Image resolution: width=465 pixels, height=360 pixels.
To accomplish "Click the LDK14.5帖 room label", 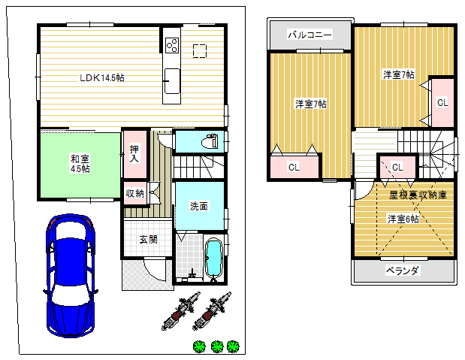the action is [102, 78].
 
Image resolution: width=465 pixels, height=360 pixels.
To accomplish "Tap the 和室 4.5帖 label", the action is [80, 164].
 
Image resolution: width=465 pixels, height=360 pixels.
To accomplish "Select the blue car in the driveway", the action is [71, 275].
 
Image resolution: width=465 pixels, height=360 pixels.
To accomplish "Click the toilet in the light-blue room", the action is [210, 141].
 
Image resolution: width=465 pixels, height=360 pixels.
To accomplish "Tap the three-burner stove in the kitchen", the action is [172, 45].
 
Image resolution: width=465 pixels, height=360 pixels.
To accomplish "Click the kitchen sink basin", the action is [172, 80].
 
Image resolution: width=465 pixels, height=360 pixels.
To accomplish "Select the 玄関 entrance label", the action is [148, 239].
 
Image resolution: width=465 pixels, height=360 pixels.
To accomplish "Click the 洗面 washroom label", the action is [198, 206].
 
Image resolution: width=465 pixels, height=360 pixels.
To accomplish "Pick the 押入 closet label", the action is [134, 153].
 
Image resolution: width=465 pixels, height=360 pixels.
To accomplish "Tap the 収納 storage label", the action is [134, 193].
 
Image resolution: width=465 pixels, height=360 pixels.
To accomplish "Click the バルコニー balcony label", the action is [310, 35].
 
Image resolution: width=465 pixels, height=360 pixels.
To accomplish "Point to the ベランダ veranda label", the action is [403, 271].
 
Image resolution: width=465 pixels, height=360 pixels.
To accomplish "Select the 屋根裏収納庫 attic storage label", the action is [418, 195].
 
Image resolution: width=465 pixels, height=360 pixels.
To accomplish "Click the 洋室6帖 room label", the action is [403, 219].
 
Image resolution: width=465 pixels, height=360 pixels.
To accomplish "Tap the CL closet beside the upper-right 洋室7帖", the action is [442, 103].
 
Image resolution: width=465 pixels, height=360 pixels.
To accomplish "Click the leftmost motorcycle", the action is [181, 311].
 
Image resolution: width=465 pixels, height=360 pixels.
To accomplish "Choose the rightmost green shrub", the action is [233, 346].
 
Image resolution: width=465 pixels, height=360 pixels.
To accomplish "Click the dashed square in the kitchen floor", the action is [200, 50].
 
